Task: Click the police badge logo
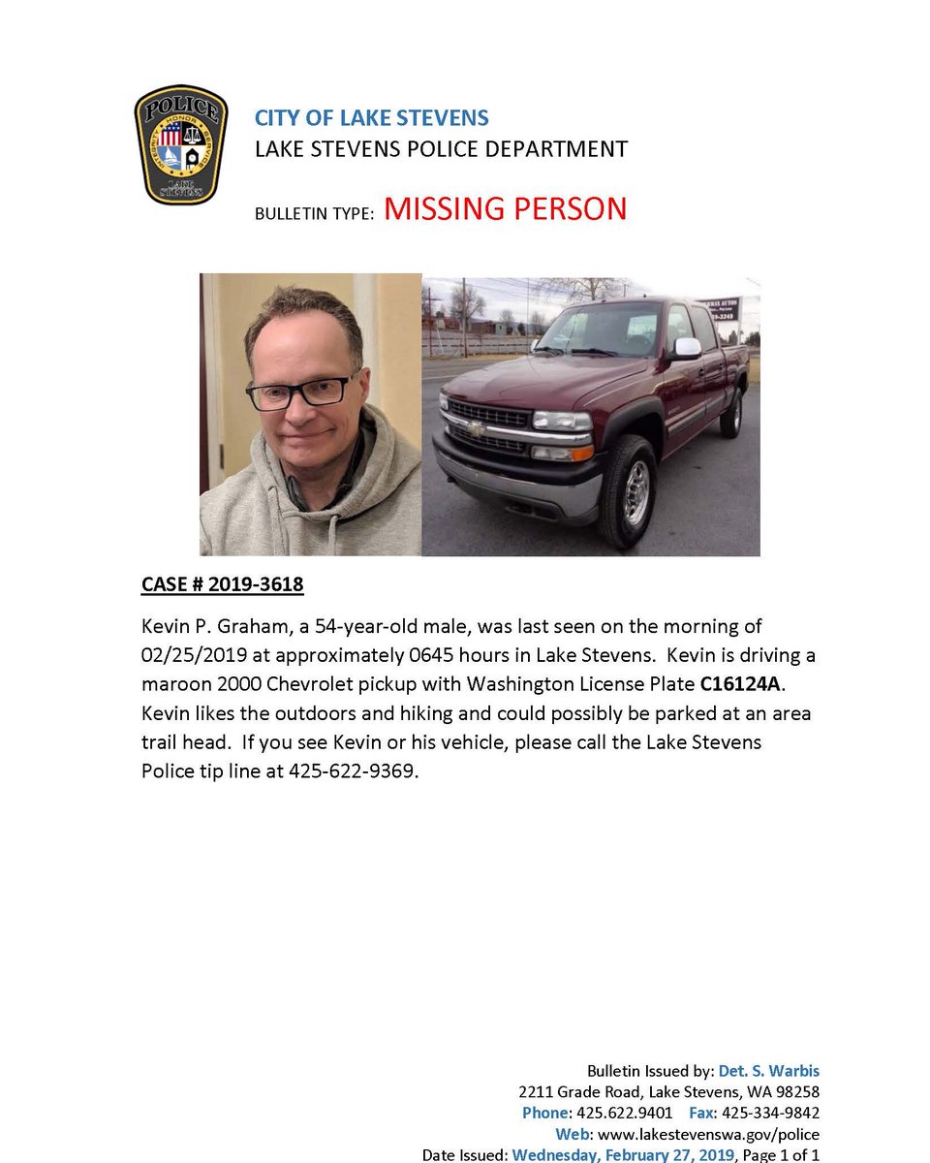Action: pyautogui.click(x=181, y=144)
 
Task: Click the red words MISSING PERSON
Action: pyautogui.click(x=505, y=209)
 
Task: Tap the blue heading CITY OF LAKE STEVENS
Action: pyautogui.click(x=371, y=118)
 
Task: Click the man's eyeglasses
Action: pyautogui.click(x=301, y=391)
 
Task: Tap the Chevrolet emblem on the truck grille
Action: pyautogui.click(x=476, y=427)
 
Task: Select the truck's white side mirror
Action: pyautogui.click(x=686, y=348)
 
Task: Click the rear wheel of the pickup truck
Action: pyautogui.click(x=732, y=412)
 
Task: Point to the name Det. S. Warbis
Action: pyautogui.click(x=769, y=1071)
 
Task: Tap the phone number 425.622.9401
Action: pyautogui.click(x=625, y=1113)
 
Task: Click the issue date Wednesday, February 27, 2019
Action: pyautogui.click(x=624, y=1154)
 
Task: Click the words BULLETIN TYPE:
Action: pyautogui.click(x=314, y=213)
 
